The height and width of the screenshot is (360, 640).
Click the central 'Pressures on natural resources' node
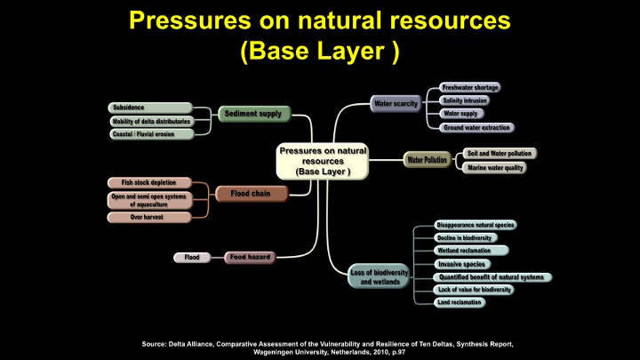point(321,161)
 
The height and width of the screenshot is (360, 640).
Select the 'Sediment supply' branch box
point(253,114)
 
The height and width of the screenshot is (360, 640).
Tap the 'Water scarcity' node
point(396,104)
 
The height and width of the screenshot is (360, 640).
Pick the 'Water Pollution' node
point(427,160)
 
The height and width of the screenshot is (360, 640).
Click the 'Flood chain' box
point(252,193)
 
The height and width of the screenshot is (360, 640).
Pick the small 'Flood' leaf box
point(192,258)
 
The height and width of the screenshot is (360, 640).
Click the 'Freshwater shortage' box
point(470,87)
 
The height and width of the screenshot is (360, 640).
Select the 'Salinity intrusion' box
point(466,100)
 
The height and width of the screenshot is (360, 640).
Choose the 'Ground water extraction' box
point(476,127)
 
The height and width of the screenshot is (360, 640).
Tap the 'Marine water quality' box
point(495,167)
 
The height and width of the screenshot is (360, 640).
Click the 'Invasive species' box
point(462,264)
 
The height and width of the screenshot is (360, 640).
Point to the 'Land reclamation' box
point(460,302)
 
